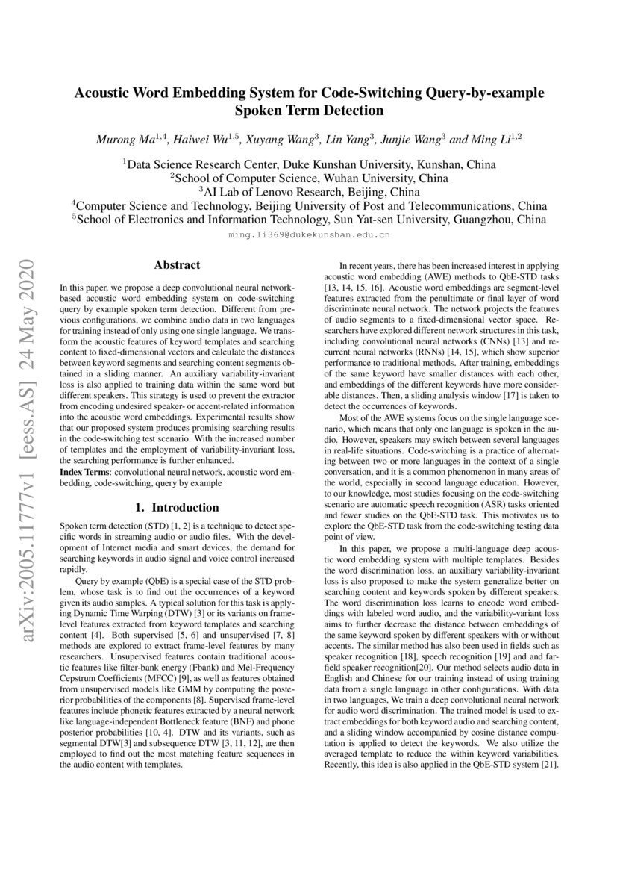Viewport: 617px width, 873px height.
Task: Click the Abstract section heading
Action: (x=177, y=265)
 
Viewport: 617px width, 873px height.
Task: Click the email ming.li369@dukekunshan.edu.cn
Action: (x=309, y=234)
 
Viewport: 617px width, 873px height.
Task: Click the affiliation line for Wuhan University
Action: (x=309, y=178)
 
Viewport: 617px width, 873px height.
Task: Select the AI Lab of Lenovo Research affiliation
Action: (x=309, y=192)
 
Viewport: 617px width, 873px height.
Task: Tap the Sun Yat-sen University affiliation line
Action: (x=309, y=220)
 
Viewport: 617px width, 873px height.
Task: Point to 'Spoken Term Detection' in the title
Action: (x=309, y=111)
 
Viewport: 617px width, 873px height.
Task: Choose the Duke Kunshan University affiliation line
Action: (x=309, y=164)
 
